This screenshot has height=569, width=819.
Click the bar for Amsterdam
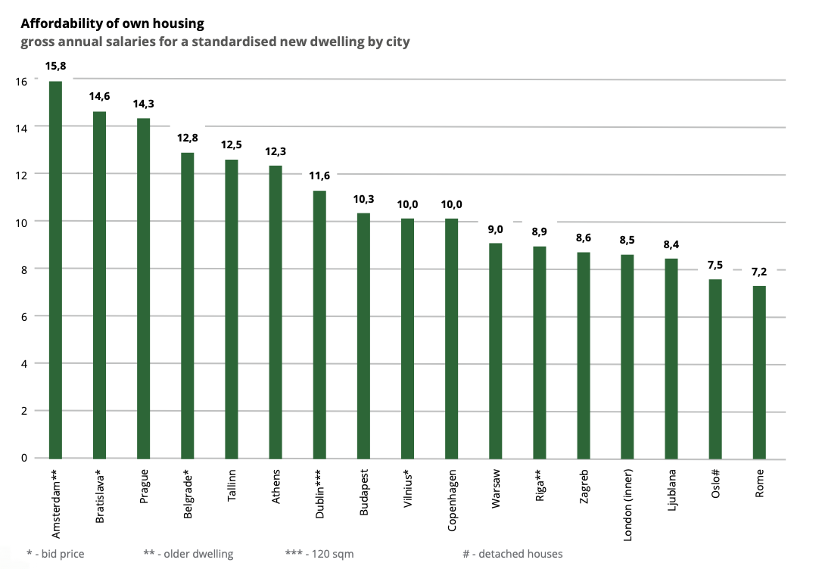coord(55,269)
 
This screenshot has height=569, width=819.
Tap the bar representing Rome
coord(759,372)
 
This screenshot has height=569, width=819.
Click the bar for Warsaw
coord(495,350)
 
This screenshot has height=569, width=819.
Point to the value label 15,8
coord(55,67)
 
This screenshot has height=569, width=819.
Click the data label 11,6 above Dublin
coord(319,176)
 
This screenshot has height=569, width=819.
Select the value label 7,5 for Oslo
coord(715,265)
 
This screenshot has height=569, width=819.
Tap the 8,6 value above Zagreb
coord(583,238)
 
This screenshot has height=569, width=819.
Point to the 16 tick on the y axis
coord(20,80)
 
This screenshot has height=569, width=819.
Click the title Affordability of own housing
coord(112,24)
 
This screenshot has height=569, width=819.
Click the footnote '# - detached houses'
coord(512,554)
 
